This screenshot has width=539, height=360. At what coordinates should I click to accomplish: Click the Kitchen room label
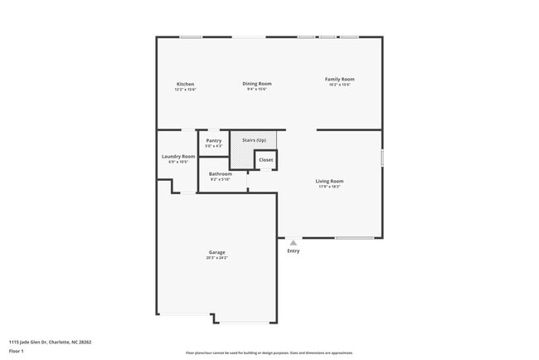pyautogui.click(x=185, y=84)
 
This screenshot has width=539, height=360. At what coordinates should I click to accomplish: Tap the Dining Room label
pyautogui.click(x=257, y=83)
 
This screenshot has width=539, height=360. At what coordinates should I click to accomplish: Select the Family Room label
pyautogui.click(x=339, y=79)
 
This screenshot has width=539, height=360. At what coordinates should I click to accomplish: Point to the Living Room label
pyautogui.click(x=329, y=181)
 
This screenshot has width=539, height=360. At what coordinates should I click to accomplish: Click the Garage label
pyautogui.click(x=216, y=252)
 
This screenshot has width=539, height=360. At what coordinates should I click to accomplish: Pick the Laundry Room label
pyautogui.click(x=178, y=156)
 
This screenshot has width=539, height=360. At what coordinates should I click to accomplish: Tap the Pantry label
pyautogui.click(x=214, y=141)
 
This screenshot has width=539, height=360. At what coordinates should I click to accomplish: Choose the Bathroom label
pyautogui.click(x=221, y=173)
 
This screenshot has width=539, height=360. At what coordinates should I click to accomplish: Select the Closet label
pyautogui.click(x=265, y=159)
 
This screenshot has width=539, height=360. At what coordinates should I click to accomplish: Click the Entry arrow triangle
pyautogui.click(x=293, y=242)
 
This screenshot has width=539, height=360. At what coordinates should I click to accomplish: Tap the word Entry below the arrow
pyautogui.click(x=294, y=251)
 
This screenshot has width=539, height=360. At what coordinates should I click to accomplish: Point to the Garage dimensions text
pyautogui.click(x=216, y=258)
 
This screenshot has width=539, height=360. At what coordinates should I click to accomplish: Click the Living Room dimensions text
pyautogui.click(x=329, y=187)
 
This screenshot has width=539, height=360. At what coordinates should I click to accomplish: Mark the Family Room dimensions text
pyautogui.click(x=339, y=85)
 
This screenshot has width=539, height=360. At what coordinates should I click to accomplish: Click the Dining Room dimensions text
pyautogui.click(x=257, y=89)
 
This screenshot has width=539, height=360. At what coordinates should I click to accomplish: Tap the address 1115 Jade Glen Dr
pyautogui.click(x=50, y=341)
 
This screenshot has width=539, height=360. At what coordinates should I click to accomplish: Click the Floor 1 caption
pyautogui.click(x=17, y=352)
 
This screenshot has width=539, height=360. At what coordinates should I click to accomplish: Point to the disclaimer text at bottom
pyautogui.click(x=269, y=353)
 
